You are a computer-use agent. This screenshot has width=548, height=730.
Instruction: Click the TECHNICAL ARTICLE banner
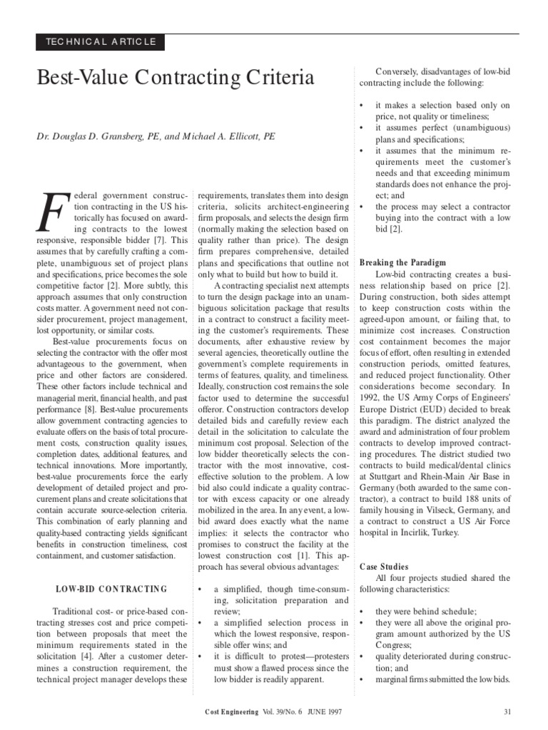point(100,42)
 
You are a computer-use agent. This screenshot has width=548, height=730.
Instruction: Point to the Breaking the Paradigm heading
point(403,262)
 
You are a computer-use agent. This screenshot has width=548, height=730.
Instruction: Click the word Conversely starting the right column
point(400,71)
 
